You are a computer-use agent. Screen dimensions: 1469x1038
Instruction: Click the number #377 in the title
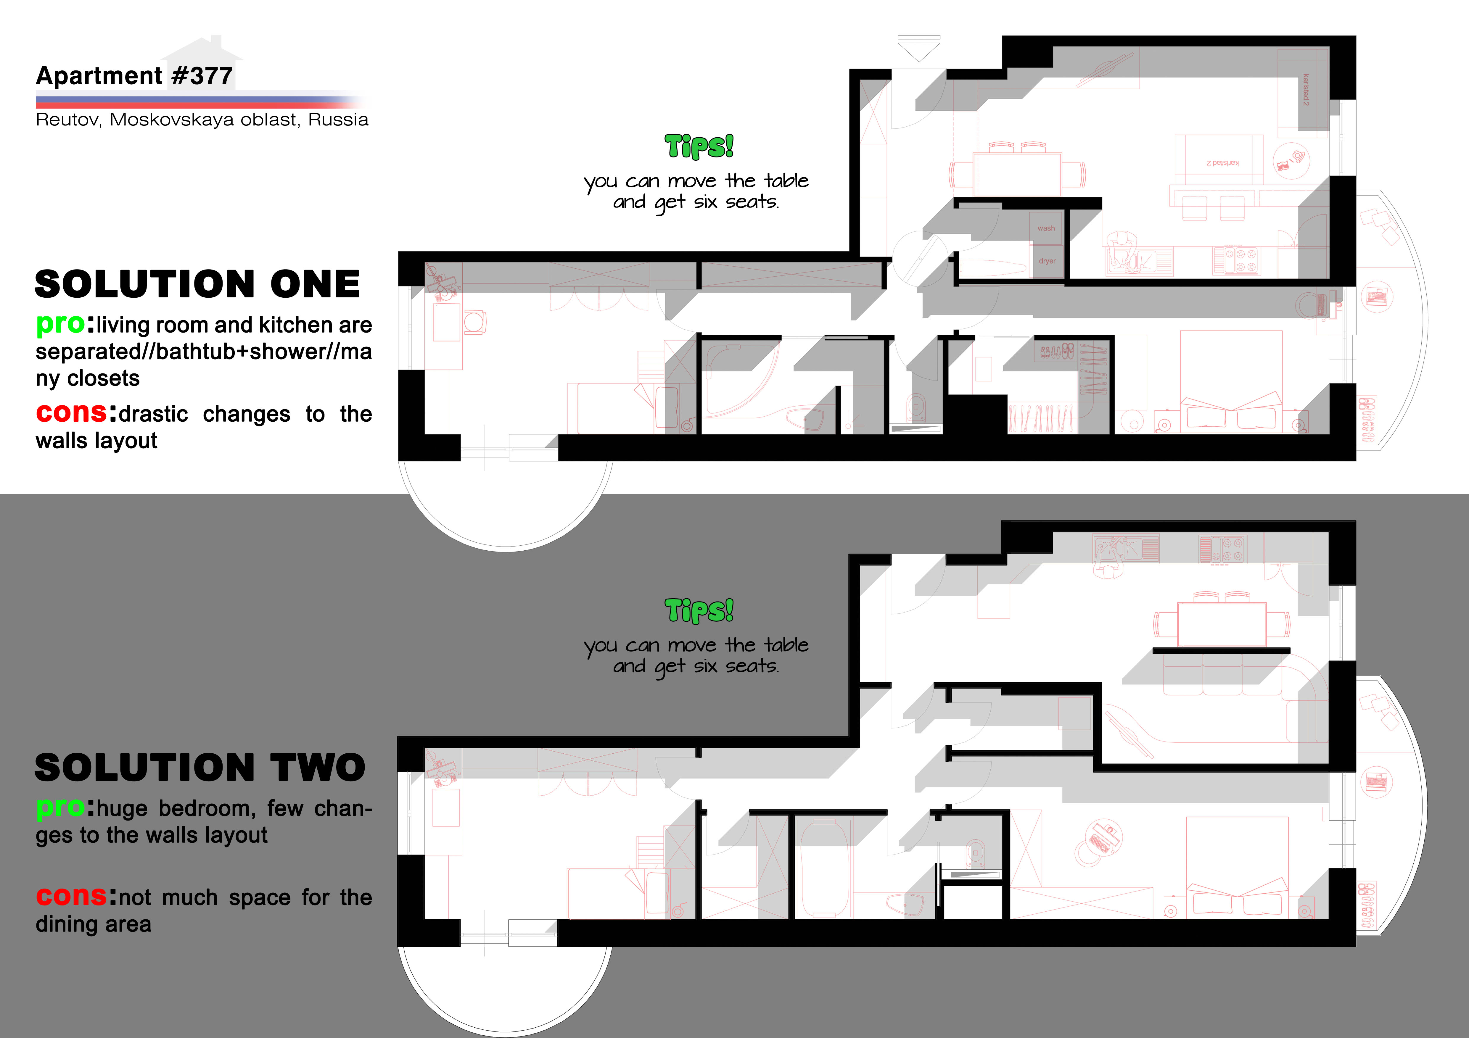click(202, 76)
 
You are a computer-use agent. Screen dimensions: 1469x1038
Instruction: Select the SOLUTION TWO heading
click(199, 768)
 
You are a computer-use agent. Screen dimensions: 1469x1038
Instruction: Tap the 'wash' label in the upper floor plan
click(1046, 228)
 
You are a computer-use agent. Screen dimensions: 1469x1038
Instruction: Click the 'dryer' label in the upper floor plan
click(1048, 261)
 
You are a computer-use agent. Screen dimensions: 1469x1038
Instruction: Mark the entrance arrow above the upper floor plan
click(919, 49)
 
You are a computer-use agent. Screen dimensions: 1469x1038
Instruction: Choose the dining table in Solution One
click(1017, 174)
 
